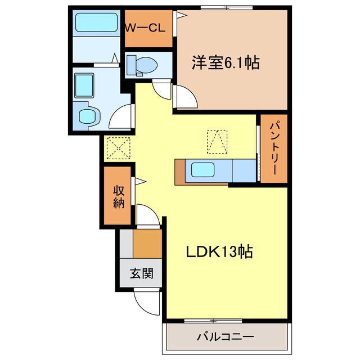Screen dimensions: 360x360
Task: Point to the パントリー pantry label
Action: pyautogui.click(x=273, y=148)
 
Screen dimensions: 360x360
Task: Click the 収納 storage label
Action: pyautogui.click(x=118, y=196)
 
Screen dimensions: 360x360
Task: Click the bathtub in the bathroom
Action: pyautogui.click(x=95, y=24)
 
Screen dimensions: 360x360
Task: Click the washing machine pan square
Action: pyautogui.click(x=87, y=84)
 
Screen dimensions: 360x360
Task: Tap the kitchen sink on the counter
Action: pyautogui.click(x=202, y=170)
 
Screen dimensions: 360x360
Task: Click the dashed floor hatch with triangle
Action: pyautogui.click(x=218, y=141)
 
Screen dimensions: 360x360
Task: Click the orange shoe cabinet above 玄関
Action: pyautogui.click(x=147, y=243)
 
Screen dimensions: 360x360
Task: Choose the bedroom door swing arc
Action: pyautogui.click(x=186, y=97)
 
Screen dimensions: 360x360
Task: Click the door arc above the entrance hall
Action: pyautogui.click(x=147, y=216)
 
